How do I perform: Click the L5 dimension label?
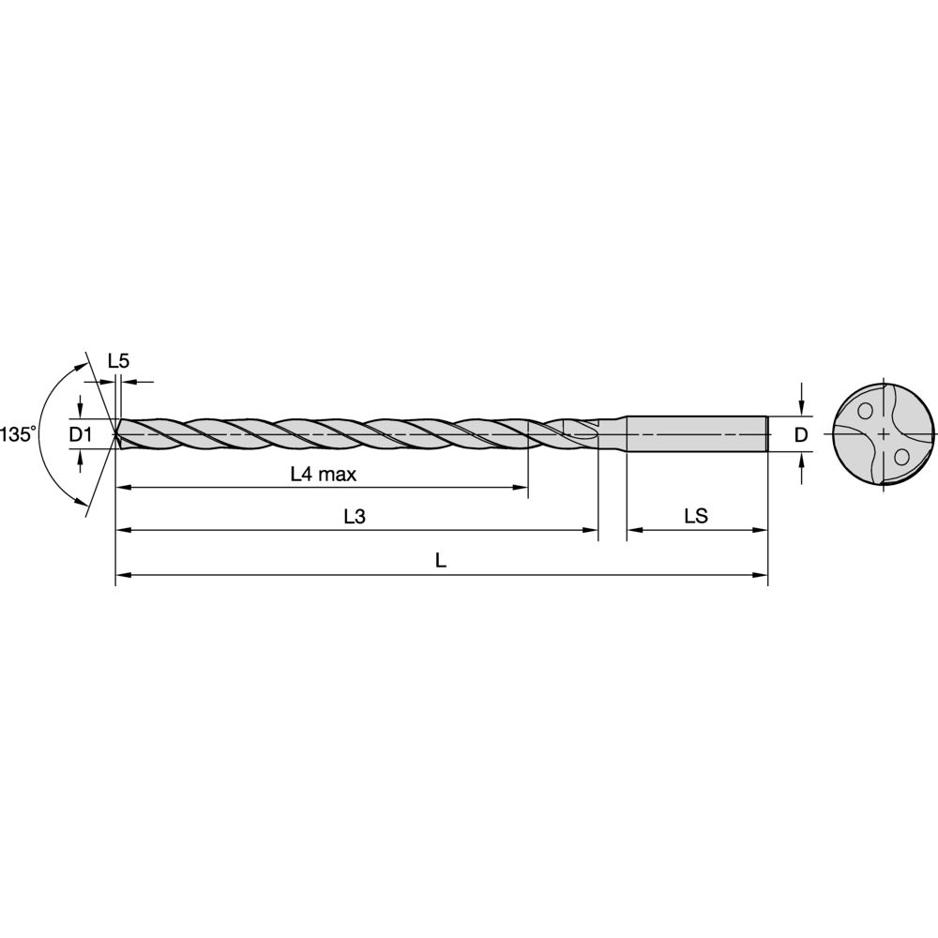(x=118, y=360)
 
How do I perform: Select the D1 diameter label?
(x=80, y=433)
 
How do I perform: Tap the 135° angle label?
(x=18, y=434)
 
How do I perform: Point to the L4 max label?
(x=323, y=475)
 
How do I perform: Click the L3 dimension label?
(x=354, y=517)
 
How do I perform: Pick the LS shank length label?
(x=695, y=517)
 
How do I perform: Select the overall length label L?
(x=441, y=561)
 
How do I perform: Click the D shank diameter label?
(x=800, y=434)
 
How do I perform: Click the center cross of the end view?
(x=883, y=433)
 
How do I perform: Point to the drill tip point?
(x=116, y=433)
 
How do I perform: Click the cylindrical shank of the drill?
(x=694, y=433)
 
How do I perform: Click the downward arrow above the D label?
(x=801, y=405)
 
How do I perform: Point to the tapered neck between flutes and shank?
(x=614, y=433)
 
